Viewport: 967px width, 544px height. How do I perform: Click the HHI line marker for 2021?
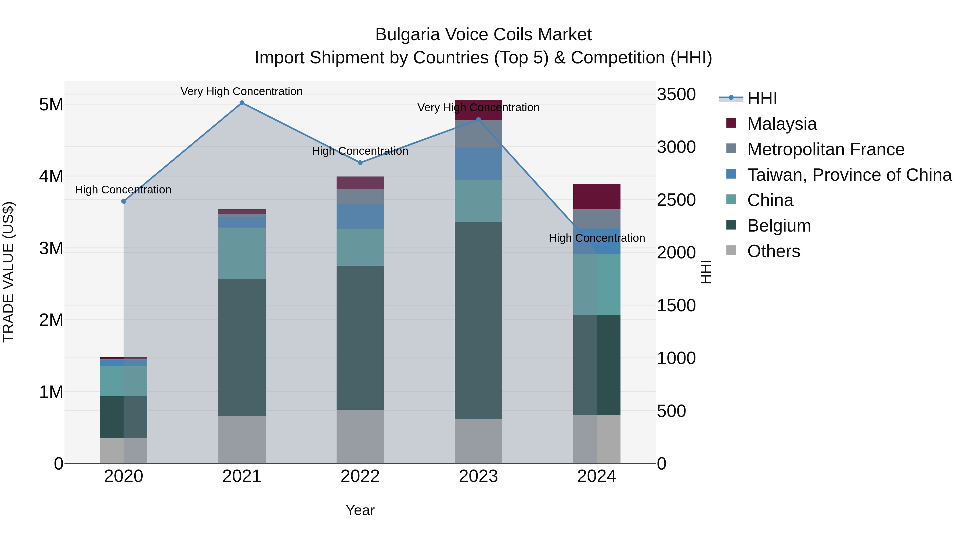click(242, 103)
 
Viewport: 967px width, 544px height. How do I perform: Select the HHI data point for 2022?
click(360, 163)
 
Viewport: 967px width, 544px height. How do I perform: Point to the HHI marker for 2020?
click(124, 201)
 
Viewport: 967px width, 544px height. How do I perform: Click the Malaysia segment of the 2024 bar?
click(597, 196)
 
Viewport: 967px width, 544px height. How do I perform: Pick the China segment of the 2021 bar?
click(242, 253)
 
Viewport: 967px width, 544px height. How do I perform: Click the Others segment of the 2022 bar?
click(360, 436)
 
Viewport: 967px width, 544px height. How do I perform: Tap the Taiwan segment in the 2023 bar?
click(478, 163)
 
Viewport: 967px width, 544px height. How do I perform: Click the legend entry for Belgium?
click(779, 226)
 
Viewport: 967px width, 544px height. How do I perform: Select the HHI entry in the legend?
click(762, 98)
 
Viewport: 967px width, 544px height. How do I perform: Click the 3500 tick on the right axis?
click(676, 94)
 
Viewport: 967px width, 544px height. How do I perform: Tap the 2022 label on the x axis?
click(360, 476)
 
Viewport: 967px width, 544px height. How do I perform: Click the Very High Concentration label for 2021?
click(241, 91)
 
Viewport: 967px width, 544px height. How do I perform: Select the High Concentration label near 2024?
click(597, 238)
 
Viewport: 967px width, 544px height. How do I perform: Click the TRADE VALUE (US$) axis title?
click(9, 272)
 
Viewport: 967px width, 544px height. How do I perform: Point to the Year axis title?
click(360, 510)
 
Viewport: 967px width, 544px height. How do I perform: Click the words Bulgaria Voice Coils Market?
click(483, 35)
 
